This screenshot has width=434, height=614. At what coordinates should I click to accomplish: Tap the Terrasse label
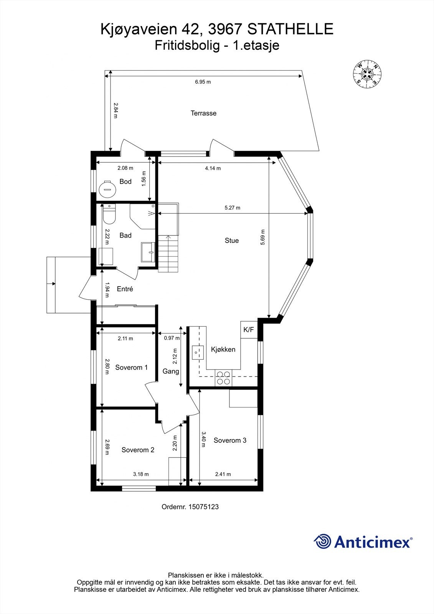pos(203,113)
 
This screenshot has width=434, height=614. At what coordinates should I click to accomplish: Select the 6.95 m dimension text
pos(203,82)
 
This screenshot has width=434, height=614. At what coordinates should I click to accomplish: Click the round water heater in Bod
pos(107,188)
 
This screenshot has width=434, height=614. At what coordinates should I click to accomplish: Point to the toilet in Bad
pos(109,216)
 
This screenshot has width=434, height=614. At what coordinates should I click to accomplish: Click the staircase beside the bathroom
pos(168,253)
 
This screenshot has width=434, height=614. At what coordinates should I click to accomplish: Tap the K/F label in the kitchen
pos(249,330)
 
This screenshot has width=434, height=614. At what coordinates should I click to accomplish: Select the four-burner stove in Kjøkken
pos(223,378)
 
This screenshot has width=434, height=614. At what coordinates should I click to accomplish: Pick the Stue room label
pos(232,241)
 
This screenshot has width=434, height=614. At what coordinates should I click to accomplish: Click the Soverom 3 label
pos(230,440)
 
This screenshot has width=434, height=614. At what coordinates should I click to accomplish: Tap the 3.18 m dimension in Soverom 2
pos(141,474)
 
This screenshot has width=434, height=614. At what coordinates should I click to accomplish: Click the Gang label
pos(171,371)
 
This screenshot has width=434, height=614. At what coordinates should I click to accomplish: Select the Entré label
pos(125,289)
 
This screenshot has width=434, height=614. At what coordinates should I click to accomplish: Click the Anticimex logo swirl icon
pos(322,541)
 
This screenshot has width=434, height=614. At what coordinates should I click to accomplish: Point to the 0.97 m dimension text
pos(172,338)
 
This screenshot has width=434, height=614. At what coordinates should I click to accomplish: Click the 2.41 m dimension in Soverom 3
pos(223,474)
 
